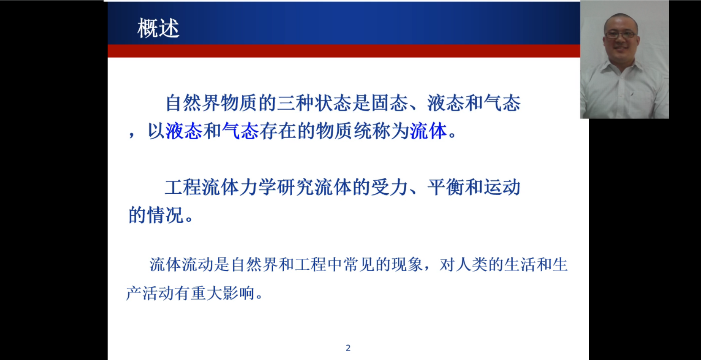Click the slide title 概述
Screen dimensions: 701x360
coord(158,28)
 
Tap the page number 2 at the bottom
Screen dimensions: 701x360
coord(348,348)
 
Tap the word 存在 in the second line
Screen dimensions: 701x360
coord(278,131)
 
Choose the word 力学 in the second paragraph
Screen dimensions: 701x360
coord(258,187)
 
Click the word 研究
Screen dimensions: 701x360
coord(296,187)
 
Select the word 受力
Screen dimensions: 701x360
coord(390,187)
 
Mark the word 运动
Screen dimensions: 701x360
coord(502,187)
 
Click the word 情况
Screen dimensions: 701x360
coord(166,215)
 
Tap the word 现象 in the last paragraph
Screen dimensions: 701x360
coord(408,264)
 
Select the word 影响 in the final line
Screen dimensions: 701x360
coord(239,293)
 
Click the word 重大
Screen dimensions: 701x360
coord(207,293)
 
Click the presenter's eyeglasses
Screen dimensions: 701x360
coord(620,35)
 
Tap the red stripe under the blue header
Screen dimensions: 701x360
coord(344,51)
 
